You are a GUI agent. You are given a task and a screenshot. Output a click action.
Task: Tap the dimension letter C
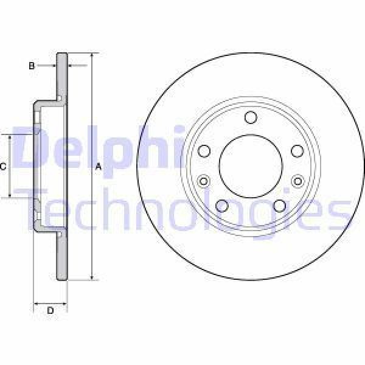click(x=3, y=166)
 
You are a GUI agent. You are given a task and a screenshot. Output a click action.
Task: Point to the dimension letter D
click(x=50, y=311)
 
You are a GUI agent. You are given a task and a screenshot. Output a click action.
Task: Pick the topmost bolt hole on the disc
click(x=251, y=117)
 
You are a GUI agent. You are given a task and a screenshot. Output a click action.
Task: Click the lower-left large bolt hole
click(x=222, y=205)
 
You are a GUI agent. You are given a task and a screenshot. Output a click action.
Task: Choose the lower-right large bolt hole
click(x=279, y=205)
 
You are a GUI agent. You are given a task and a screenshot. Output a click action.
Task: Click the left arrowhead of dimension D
click(x=35, y=302)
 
